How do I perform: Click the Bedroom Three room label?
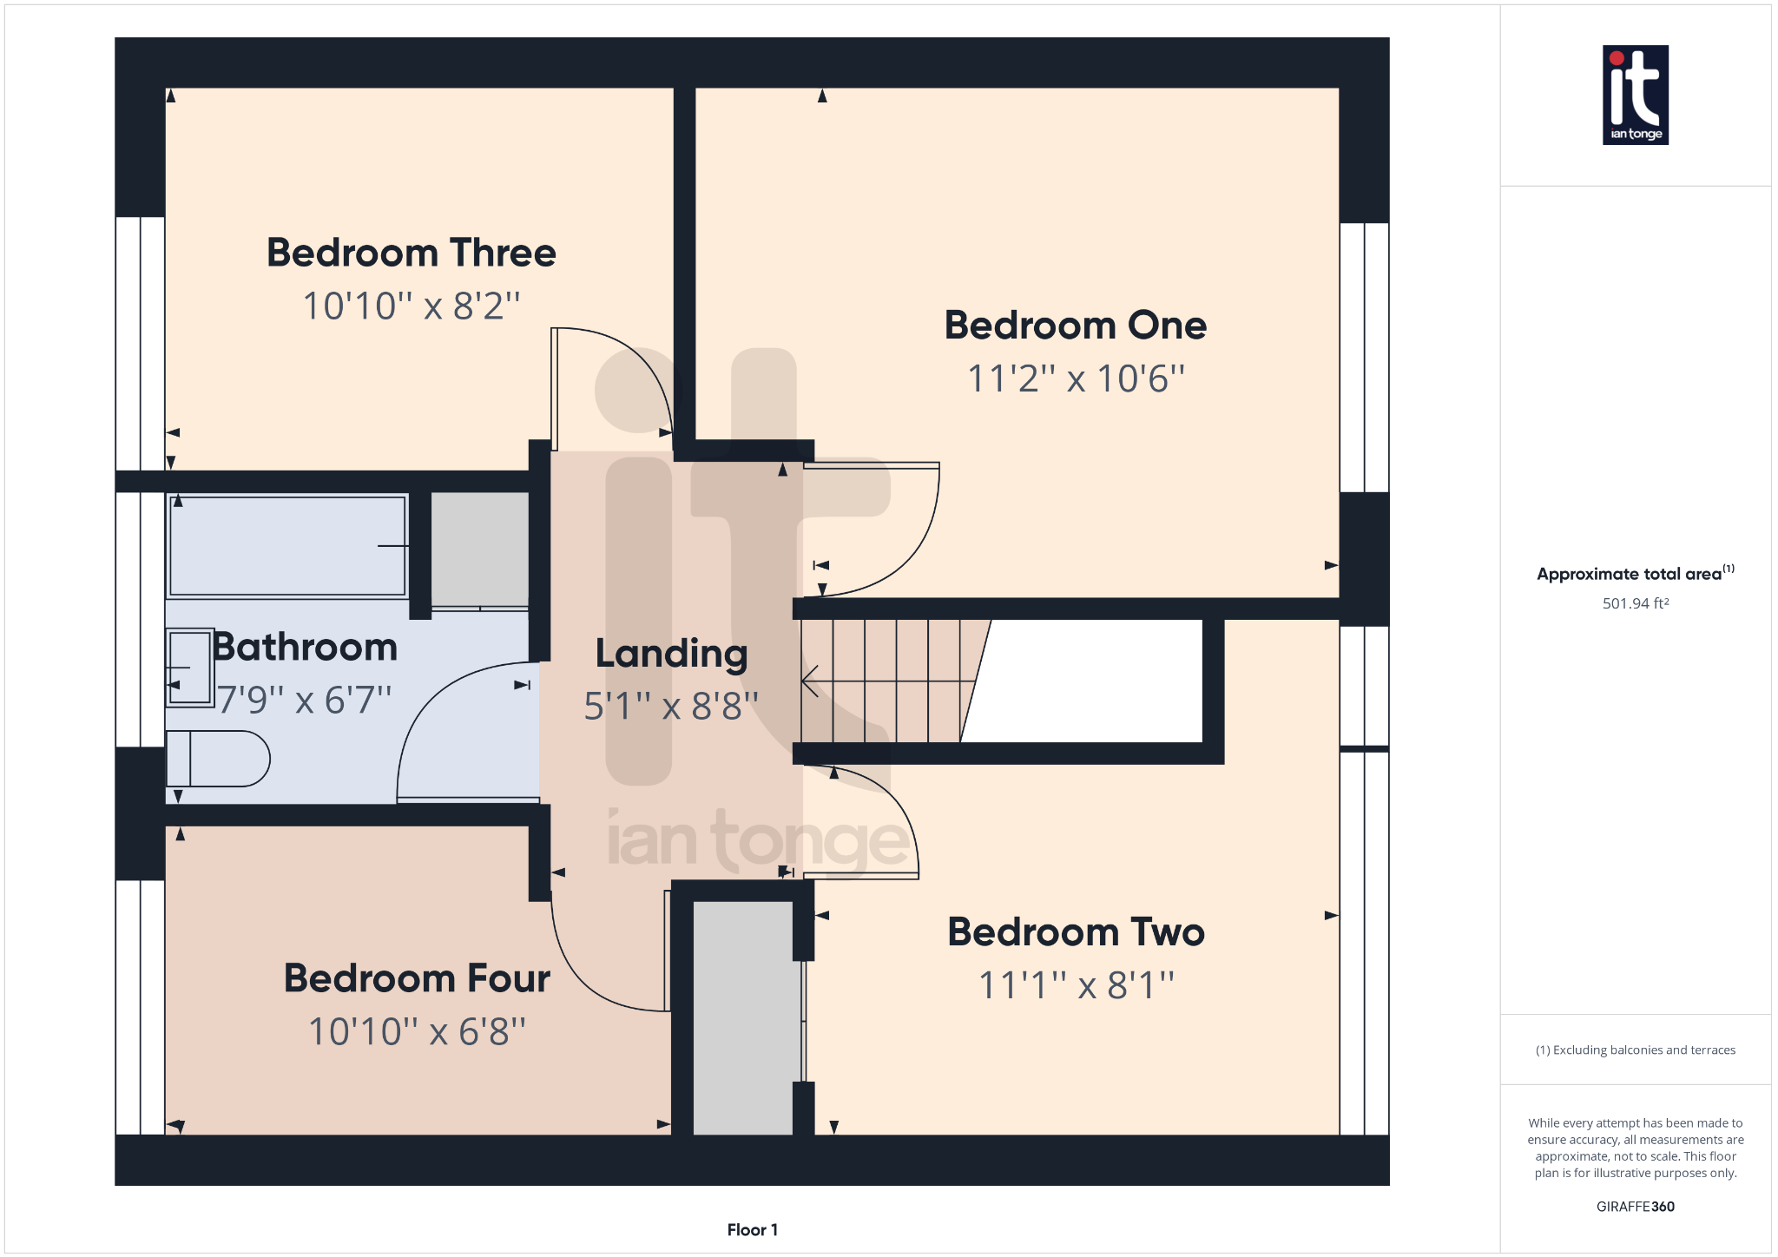pos(411,253)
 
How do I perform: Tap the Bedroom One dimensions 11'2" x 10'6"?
pos(1076,378)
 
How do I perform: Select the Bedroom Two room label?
pos(1076,932)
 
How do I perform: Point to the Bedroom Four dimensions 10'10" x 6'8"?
pos(417,1031)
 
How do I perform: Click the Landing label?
pos(671,655)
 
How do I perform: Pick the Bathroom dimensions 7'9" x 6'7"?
pos(304,700)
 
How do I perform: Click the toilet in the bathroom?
pos(218,759)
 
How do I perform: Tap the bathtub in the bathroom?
pos(287,546)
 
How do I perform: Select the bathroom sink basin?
pos(189,668)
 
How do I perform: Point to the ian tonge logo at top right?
pos(1636,95)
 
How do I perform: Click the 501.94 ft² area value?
pos(1636,603)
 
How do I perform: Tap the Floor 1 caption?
pos(753,1230)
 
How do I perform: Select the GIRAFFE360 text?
pos(1636,1207)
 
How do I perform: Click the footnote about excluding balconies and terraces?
pos(1636,1050)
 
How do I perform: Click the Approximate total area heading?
pos(1636,573)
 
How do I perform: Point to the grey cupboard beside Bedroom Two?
pos(743,1018)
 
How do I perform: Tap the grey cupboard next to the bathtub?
pos(480,550)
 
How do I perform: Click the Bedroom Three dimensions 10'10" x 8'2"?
pos(411,306)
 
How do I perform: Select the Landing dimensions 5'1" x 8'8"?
pos(671,707)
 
